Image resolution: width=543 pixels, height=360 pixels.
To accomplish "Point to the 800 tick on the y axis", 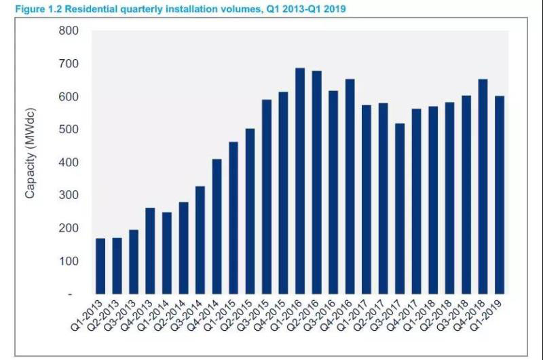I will (70, 31).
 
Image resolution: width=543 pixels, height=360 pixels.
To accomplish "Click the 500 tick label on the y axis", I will (70, 130).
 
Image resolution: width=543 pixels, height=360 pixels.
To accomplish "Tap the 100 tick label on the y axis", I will (70, 262).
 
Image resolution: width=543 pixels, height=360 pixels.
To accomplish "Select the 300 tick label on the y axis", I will (70, 196).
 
